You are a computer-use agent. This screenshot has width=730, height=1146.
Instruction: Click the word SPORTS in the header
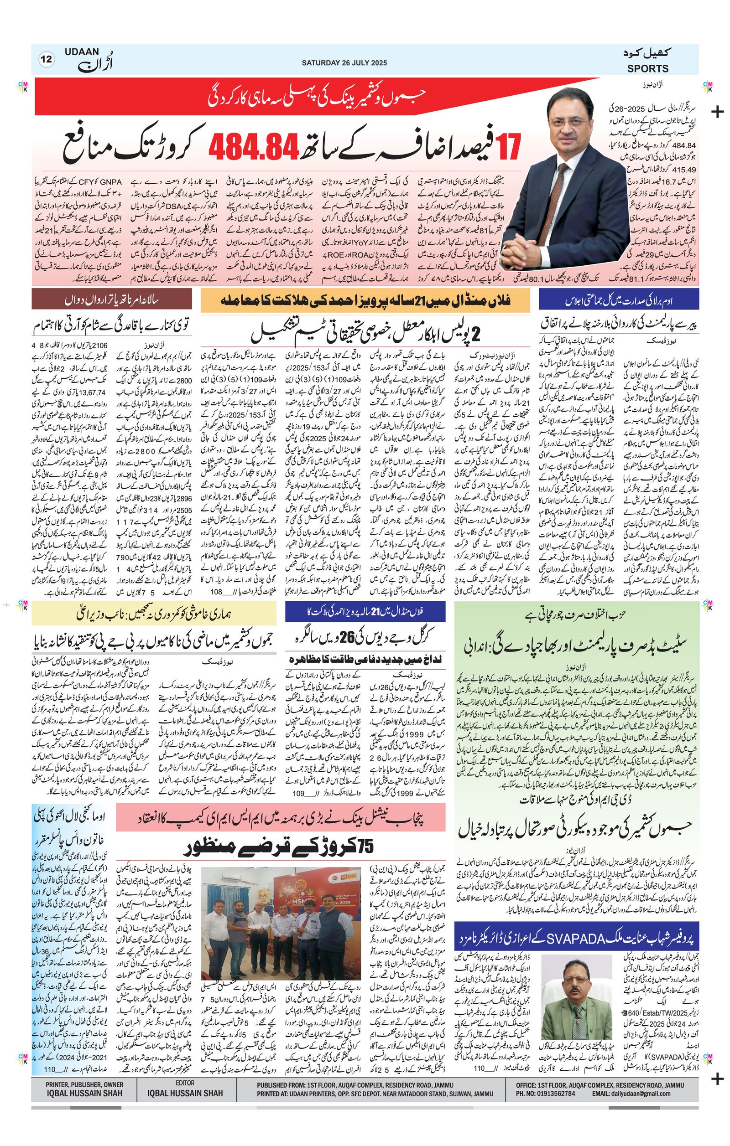[x=647, y=68]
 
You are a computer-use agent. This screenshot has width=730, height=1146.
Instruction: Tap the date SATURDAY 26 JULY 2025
[x=344, y=63]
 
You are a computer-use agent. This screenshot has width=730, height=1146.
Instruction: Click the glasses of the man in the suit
[x=573, y=122]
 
